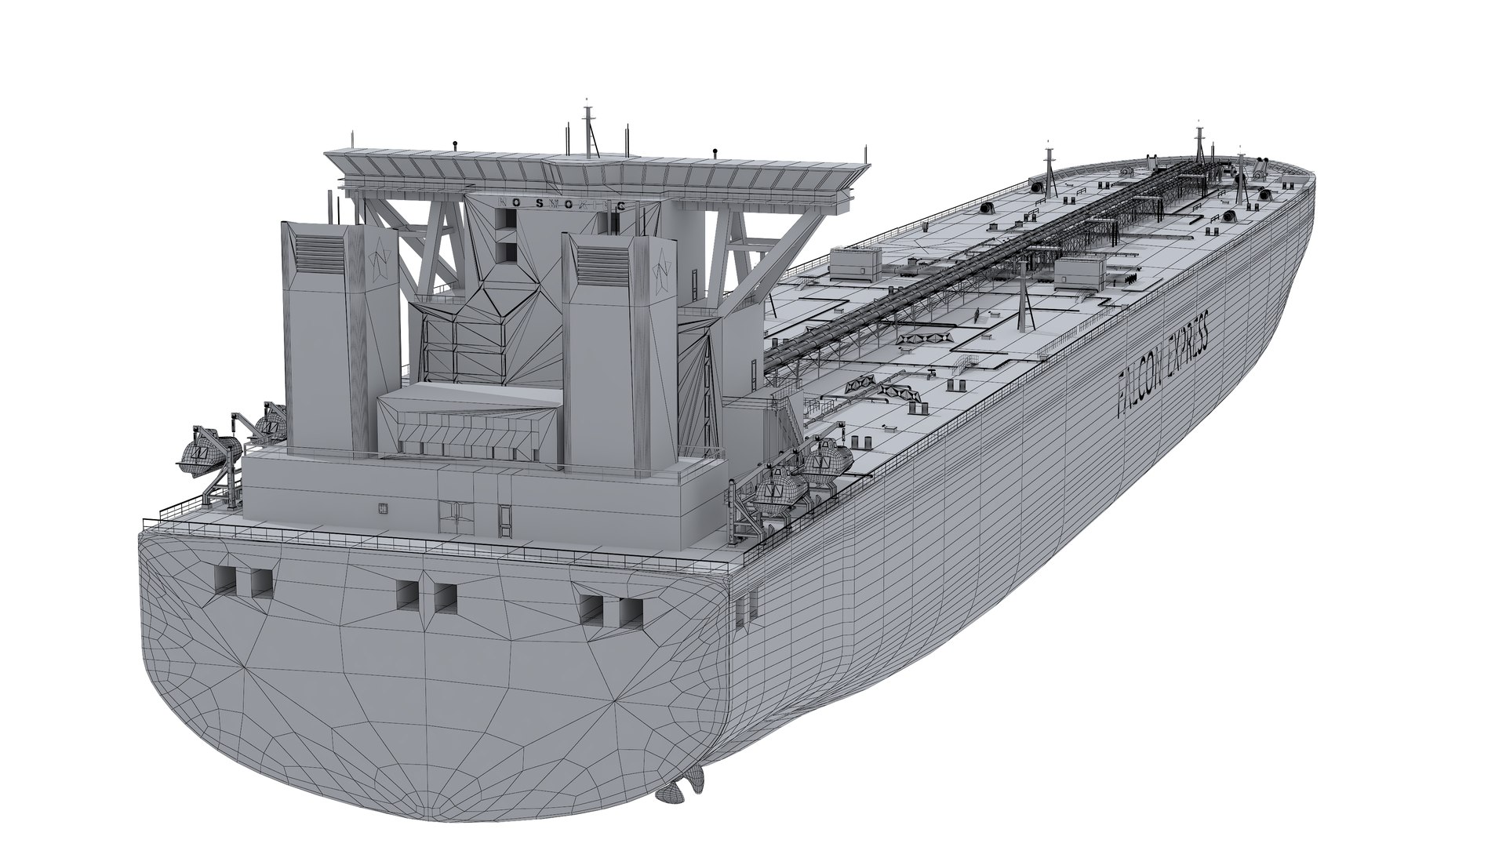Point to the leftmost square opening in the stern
click(x=223, y=580)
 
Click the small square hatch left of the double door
click(x=382, y=507)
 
